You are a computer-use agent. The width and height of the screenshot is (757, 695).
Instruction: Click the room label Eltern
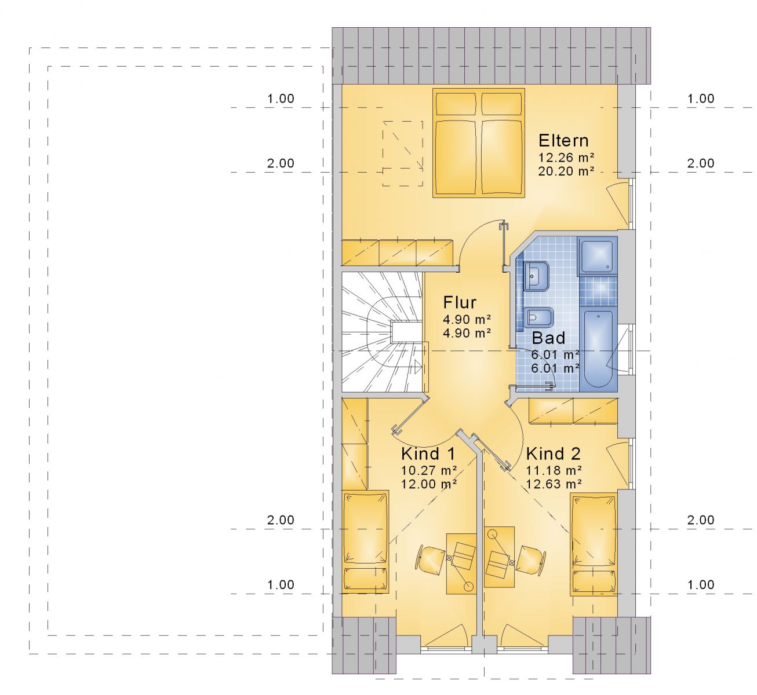click(563, 141)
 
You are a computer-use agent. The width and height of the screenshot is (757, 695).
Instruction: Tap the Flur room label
click(459, 302)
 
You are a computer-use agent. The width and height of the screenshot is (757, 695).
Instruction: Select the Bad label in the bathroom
click(548, 338)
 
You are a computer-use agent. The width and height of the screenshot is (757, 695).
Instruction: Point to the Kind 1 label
click(428, 453)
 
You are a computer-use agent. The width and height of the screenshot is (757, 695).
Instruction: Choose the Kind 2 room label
click(553, 453)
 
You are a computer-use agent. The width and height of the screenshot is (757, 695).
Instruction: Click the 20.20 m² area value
click(566, 171)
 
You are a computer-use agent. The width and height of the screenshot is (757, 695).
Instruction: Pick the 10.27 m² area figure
click(429, 470)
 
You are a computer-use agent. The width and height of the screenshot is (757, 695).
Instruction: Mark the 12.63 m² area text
click(554, 484)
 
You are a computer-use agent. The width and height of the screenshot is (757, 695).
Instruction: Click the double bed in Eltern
click(479, 143)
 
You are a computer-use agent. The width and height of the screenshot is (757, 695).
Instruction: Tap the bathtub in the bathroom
click(598, 349)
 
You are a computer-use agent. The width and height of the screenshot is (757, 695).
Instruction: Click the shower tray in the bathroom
click(596, 255)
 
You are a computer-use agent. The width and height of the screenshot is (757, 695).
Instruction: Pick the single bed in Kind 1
click(365, 542)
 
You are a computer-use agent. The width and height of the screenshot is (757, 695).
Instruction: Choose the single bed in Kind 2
click(594, 544)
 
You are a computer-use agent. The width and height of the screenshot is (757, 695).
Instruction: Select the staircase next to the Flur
click(383, 332)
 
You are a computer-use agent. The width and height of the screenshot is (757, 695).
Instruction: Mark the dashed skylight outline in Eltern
click(403, 153)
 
